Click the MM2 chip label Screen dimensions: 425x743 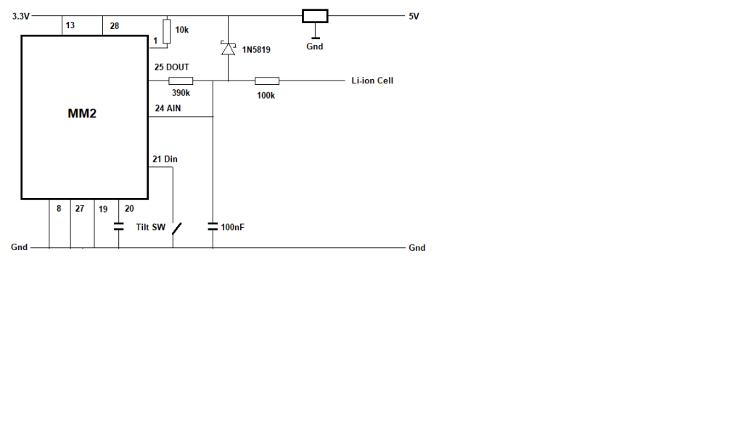(x=82, y=114)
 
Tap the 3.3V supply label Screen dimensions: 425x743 (x=20, y=15)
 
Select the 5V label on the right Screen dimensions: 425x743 (x=414, y=15)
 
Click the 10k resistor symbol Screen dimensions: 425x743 (x=167, y=31)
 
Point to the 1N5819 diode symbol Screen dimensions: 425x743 (x=229, y=49)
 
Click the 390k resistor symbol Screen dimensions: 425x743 (x=181, y=81)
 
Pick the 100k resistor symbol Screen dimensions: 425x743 (x=266, y=81)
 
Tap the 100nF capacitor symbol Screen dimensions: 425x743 (x=213, y=226)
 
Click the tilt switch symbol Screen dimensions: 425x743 (x=176, y=228)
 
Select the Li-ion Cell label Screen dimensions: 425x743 (x=372, y=81)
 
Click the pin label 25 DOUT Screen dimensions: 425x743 (x=172, y=67)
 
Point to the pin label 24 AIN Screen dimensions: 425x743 (x=168, y=108)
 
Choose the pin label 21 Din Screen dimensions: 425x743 (x=165, y=158)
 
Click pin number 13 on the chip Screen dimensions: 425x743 (x=70, y=26)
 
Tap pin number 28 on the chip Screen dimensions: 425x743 (x=115, y=26)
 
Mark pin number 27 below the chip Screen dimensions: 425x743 (x=80, y=208)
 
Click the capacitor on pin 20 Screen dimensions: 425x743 (x=119, y=226)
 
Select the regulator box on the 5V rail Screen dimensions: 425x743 (x=315, y=16)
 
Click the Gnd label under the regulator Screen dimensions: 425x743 (x=315, y=46)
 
